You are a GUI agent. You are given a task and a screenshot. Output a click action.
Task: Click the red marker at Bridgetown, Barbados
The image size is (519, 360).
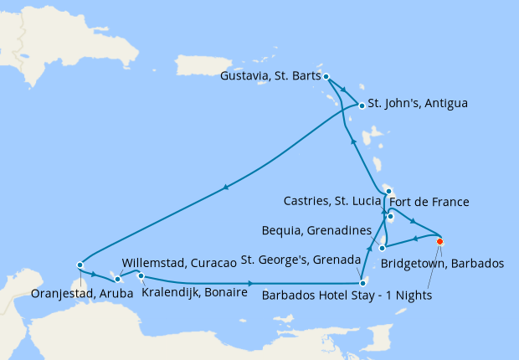(x=439, y=242)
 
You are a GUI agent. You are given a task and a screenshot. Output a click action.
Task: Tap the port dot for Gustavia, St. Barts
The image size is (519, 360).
(x=326, y=76)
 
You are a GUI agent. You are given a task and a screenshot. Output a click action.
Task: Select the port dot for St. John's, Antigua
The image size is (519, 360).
(x=361, y=105)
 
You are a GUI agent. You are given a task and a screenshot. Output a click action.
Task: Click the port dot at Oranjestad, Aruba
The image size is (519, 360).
(x=80, y=265)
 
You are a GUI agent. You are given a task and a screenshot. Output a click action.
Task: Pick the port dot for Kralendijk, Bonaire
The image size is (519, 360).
(x=141, y=276)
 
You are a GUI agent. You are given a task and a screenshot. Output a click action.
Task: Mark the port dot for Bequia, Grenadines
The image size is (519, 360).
(x=382, y=248)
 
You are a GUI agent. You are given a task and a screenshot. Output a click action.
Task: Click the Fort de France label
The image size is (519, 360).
(x=433, y=202)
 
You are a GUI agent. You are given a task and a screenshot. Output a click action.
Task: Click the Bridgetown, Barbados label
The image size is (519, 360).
(x=442, y=263)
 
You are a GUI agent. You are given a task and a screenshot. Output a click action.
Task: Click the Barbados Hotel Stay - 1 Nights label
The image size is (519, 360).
(x=348, y=295)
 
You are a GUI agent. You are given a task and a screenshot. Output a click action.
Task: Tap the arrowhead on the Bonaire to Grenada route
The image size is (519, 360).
(x=251, y=283)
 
